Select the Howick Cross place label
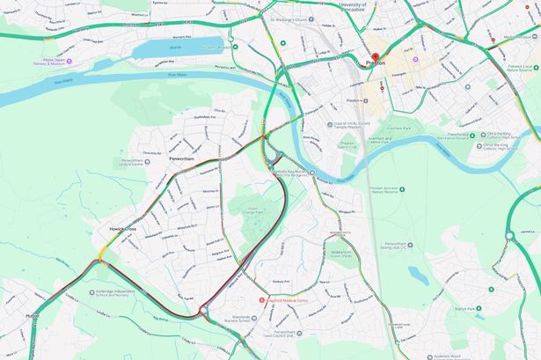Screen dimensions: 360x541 point(119,228)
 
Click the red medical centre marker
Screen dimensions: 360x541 point(260,299)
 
